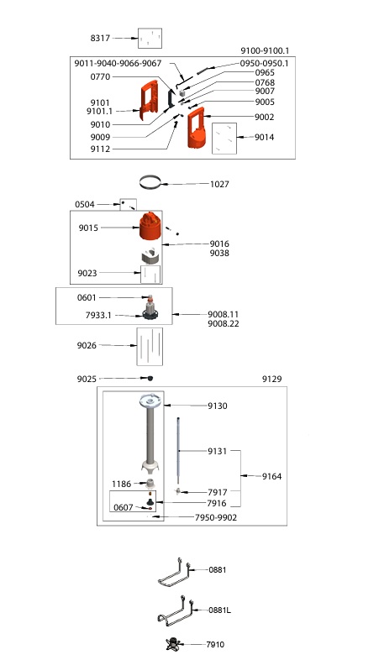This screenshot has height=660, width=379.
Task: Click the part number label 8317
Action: point(100,39)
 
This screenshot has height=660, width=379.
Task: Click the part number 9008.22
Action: point(223,324)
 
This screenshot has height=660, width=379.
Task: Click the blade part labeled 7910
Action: point(175,644)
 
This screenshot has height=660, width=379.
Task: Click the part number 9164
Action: point(272,476)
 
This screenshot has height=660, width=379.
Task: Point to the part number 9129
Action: point(272,379)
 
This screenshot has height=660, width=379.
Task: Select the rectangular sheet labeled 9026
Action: point(150,348)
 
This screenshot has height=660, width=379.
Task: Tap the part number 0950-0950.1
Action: point(264,63)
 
